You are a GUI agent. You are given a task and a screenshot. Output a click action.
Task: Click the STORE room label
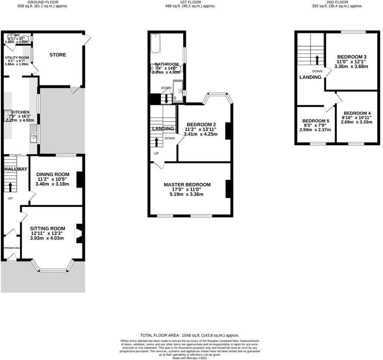[x=57, y=55]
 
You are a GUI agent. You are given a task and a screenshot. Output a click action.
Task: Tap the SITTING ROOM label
[x=47, y=229]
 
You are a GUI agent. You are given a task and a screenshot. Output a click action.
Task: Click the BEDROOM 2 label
[x=201, y=125]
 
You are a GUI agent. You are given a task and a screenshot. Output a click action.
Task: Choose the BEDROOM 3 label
[x=352, y=57]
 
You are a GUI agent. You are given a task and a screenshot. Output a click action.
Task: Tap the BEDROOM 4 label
[x=357, y=113]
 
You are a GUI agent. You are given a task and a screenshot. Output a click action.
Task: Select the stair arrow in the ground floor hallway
[x=10, y=187]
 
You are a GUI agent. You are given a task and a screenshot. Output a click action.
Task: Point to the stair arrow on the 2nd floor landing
[x=317, y=59]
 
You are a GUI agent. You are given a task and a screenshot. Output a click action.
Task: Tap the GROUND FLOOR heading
[x=43, y=2]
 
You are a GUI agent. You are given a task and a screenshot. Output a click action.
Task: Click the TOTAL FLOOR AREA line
[x=190, y=335]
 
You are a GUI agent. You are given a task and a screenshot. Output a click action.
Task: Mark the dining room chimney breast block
[x=79, y=180]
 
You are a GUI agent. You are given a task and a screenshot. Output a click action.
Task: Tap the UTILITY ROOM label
[x=17, y=58]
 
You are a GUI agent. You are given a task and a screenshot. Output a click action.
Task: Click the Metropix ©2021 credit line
[x=190, y=358]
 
